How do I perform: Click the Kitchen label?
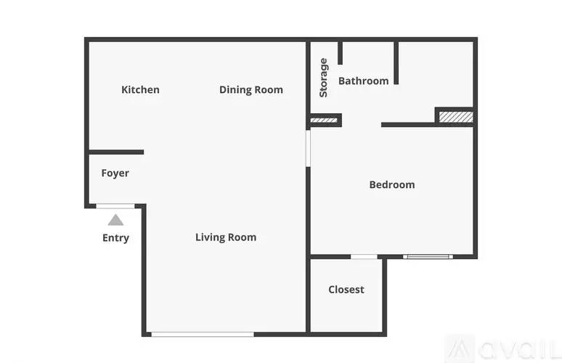(x=141, y=89)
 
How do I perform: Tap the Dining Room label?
(x=251, y=89)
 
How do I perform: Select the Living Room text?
(x=226, y=237)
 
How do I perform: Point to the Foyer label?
(x=115, y=173)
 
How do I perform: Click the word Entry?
(x=115, y=238)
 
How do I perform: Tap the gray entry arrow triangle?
(x=115, y=220)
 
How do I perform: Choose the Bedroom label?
(x=392, y=184)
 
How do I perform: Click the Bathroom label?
(x=364, y=81)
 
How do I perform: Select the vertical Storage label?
(x=323, y=78)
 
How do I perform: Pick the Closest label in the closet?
(x=346, y=290)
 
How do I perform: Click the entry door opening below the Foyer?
(x=115, y=206)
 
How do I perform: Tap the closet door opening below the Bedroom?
(x=364, y=256)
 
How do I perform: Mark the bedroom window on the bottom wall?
(x=428, y=256)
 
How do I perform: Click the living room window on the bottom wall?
(x=203, y=335)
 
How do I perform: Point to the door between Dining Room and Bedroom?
(x=308, y=148)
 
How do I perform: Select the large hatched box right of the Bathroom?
(x=456, y=117)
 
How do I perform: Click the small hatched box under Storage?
(x=324, y=121)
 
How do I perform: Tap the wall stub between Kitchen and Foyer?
(x=116, y=152)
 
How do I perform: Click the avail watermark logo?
(x=502, y=348)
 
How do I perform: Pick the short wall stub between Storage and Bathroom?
(x=340, y=53)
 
